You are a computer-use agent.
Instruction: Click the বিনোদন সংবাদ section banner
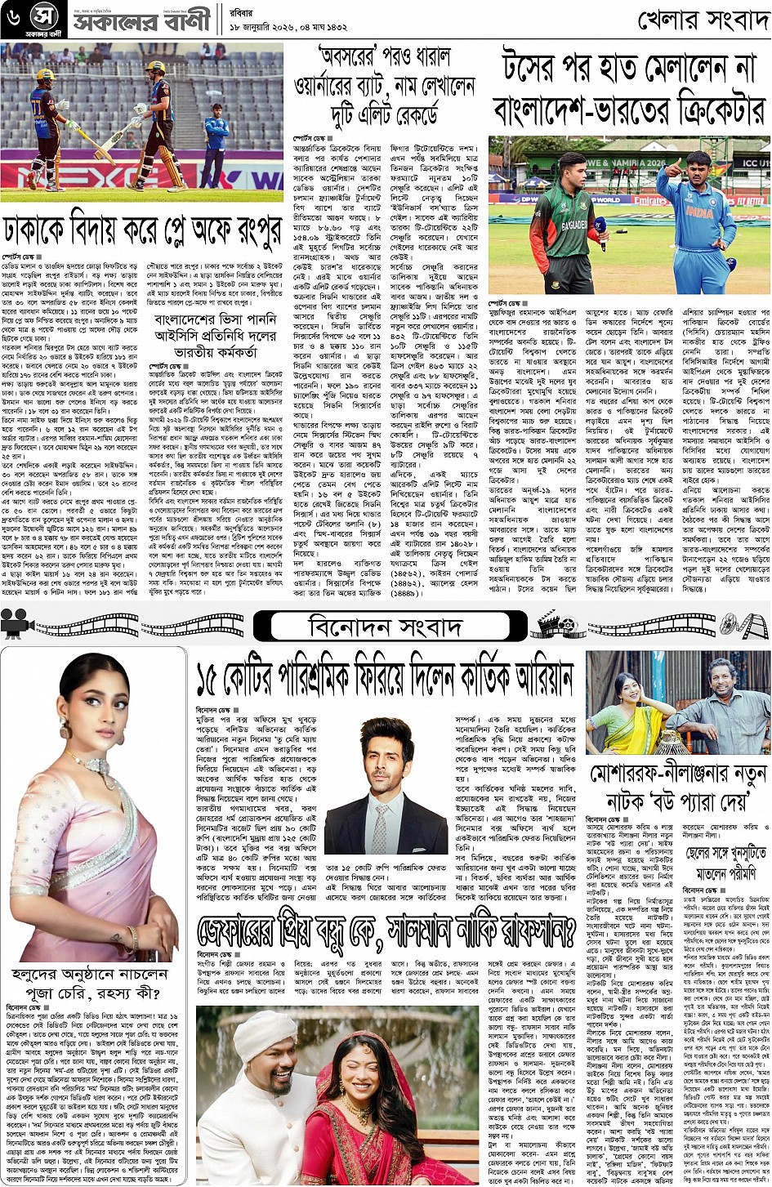pyautogui.click(x=385, y=627)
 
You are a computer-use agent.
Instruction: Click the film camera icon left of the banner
pyautogui.click(x=15, y=625)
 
